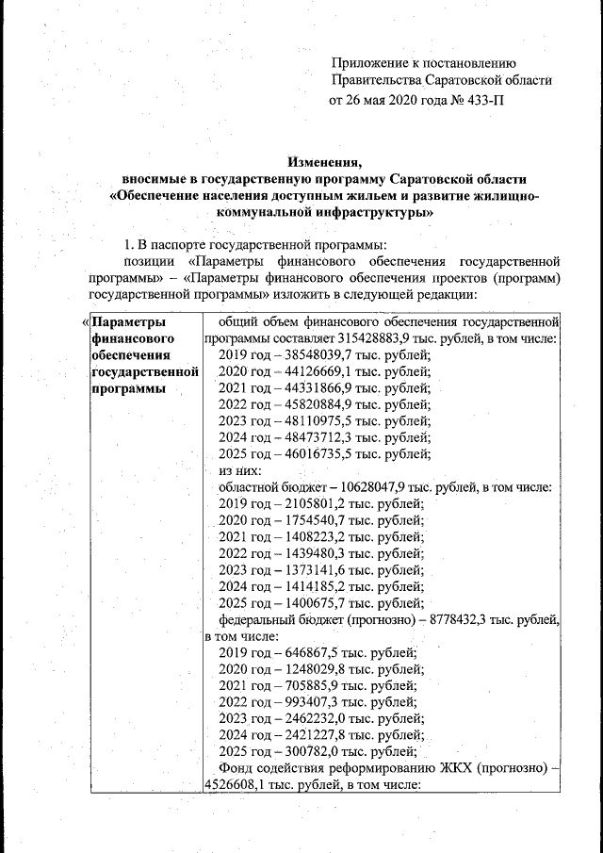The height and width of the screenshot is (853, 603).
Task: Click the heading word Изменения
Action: click(324, 160)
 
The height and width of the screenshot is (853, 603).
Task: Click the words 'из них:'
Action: click(239, 470)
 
